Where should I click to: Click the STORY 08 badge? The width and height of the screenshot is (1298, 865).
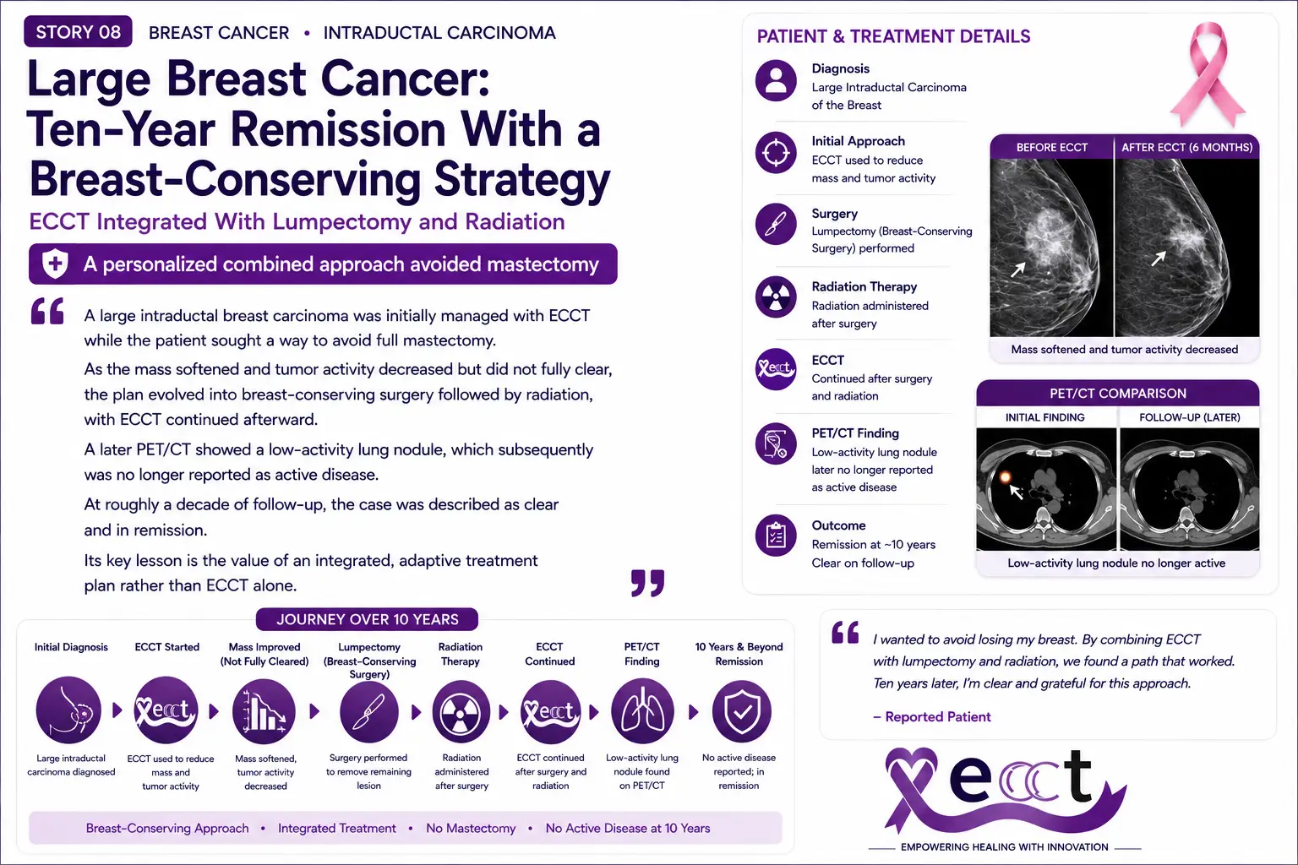click(x=78, y=31)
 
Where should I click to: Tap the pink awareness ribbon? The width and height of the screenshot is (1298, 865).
click(x=1208, y=74)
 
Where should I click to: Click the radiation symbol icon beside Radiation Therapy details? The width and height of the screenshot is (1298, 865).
click(x=776, y=296)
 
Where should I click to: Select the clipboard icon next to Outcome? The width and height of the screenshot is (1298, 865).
click(x=776, y=536)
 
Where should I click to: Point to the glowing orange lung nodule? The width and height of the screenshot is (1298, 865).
click(x=1006, y=477)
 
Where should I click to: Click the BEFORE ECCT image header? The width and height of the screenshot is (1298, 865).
click(x=1052, y=147)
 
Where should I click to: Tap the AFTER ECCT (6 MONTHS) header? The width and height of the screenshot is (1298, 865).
click(x=1186, y=147)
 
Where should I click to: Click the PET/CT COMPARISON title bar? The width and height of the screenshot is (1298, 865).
click(x=1118, y=394)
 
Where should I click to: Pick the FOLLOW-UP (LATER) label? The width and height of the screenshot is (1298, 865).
click(x=1190, y=417)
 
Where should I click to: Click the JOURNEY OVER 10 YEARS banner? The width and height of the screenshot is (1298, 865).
click(x=368, y=619)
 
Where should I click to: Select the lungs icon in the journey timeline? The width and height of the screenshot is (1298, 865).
click(x=642, y=711)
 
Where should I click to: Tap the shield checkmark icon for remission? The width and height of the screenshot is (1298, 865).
click(x=742, y=711)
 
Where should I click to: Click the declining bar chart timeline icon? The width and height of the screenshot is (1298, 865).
click(x=264, y=711)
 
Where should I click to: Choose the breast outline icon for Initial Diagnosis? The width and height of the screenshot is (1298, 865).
click(x=68, y=710)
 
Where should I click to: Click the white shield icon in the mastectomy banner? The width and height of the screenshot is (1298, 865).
click(x=55, y=264)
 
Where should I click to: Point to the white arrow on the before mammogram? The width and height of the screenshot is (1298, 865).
click(x=1018, y=269)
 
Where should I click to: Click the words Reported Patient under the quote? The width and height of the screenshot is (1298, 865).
click(x=938, y=716)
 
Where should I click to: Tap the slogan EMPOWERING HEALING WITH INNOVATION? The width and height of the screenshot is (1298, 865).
click(x=1005, y=847)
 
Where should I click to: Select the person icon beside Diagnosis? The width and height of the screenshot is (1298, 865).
click(x=776, y=80)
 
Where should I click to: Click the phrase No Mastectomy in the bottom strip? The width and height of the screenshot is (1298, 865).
click(x=471, y=828)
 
